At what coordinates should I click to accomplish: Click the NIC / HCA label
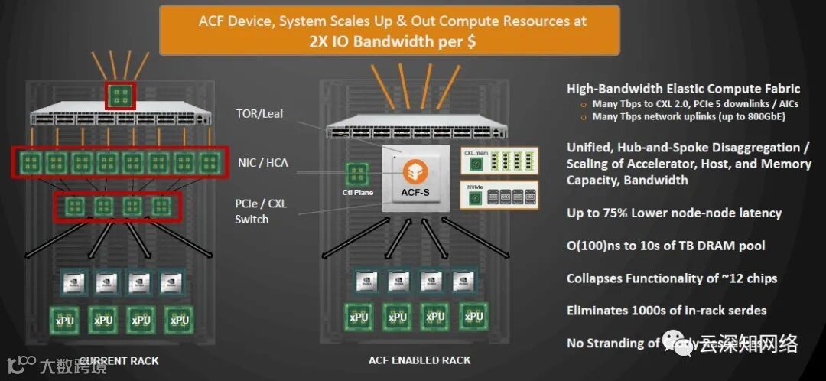262,162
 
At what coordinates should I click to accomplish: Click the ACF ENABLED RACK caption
419,360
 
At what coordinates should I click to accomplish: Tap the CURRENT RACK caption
119,360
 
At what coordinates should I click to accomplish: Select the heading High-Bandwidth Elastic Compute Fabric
683,89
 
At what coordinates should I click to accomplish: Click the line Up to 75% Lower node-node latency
674,213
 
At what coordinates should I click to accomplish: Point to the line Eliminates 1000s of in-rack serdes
666,310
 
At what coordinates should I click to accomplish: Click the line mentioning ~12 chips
672,278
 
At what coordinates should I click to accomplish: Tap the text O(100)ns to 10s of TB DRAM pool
665,246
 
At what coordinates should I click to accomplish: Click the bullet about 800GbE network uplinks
688,117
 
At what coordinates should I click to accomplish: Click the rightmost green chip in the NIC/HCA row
209,162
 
